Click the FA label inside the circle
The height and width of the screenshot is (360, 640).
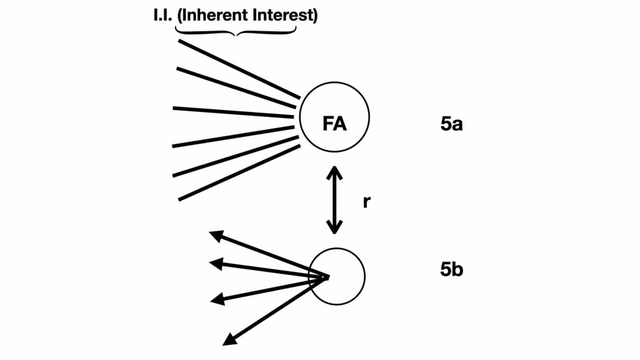[334, 123]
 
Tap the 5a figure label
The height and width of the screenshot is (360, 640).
[451, 124]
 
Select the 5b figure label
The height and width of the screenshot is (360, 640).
[451, 270]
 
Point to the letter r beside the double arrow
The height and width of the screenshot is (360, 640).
[366, 202]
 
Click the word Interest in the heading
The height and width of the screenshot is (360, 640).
[285, 15]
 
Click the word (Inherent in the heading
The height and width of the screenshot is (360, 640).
[213, 15]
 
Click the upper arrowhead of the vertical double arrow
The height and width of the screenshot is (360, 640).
[334, 172]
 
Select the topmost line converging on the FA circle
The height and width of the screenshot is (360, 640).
[239, 69]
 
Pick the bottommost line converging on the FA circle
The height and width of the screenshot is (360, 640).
[239, 172]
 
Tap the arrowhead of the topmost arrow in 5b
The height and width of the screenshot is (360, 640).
[216, 236]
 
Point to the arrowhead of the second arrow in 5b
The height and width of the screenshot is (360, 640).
[216, 264]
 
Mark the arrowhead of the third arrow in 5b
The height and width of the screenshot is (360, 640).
[217, 299]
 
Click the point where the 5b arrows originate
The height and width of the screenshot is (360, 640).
[327, 277]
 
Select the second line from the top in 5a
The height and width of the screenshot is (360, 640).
[236, 87]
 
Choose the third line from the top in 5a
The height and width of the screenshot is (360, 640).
[233, 112]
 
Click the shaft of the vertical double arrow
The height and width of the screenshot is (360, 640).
[334, 200]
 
